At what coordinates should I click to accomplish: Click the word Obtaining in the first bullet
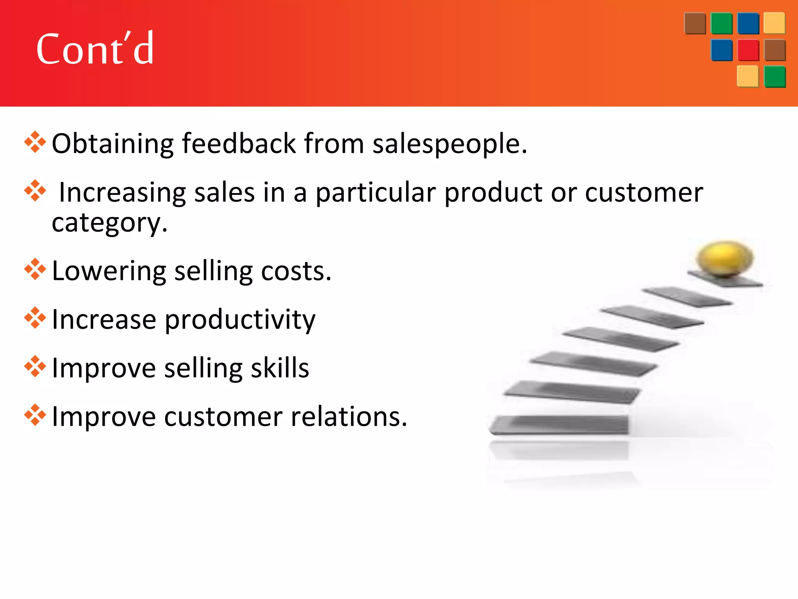pyautogui.click(x=112, y=144)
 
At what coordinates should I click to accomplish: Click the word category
pyautogui.click(x=109, y=223)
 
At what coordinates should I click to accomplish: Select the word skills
pyautogui.click(x=280, y=368)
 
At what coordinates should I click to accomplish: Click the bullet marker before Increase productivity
pyautogui.click(x=35, y=318)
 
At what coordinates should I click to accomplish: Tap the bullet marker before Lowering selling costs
pyautogui.click(x=35, y=269)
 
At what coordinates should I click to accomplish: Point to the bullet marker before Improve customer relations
pyautogui.click(x=35, y=415)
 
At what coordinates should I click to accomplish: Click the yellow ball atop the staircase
pyautogui.click(x=725, y=259)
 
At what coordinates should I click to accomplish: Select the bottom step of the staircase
pyautogui.click(x=559, y=425)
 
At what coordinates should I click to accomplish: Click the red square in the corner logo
pyautogui.click(x=748, y=50)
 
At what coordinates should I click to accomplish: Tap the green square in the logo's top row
pyautogui.click(x=722, y=23)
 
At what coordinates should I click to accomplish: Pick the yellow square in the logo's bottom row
pyautogui.click(x=747, y=76)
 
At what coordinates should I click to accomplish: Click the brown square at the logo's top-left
pyautogui.click(x=695, y=23)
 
